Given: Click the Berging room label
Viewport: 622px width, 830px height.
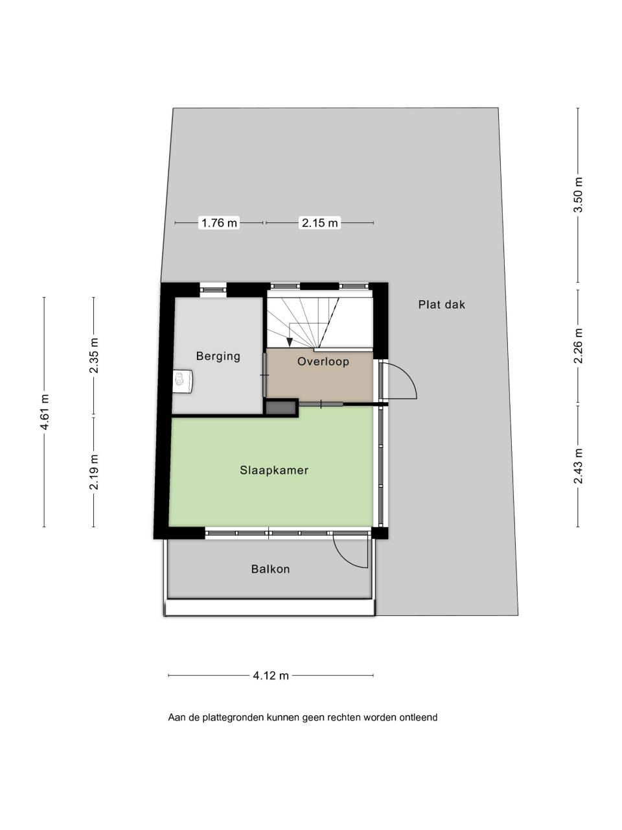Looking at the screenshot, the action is click(218, 356).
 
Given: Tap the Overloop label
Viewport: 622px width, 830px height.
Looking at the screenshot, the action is click(323, 361).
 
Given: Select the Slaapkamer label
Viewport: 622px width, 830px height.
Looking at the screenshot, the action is click(274, 470).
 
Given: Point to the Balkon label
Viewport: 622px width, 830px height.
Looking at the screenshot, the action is click(270, 569).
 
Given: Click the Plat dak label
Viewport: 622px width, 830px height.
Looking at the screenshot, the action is click(441, 304).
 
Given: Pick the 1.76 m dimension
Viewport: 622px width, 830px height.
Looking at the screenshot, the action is click(219, 222).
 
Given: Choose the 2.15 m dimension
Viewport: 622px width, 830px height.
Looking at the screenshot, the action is click(319, 222).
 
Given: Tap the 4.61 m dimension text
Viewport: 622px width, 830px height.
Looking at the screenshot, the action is click(45, 412).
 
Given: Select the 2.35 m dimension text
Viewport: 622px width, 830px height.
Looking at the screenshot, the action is click(94, 355).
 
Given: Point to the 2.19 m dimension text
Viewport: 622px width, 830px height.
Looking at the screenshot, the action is click(94, 472).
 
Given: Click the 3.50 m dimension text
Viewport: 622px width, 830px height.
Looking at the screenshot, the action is click(578, 195).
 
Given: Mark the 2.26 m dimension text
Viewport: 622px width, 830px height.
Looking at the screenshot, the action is click(578, 346).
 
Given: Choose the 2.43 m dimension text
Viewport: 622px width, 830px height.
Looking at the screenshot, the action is click(578, 466).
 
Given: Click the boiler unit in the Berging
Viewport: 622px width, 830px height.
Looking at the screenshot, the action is click(183, 381).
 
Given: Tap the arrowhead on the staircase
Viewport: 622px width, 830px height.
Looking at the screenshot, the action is click(290, 342).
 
